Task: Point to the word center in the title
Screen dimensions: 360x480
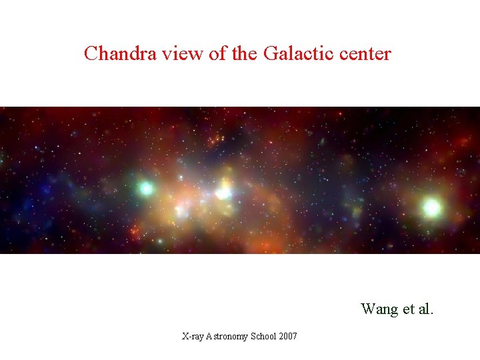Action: coord(363,54)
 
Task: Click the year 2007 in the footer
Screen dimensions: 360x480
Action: coord(288,337)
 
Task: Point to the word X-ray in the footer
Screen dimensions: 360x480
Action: coord(195,337)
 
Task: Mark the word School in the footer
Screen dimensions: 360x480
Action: coord(264,337)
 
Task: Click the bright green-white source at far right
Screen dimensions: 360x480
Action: coord(431,207)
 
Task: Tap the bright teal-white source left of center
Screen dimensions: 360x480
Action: coord(146,189)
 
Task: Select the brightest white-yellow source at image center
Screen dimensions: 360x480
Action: coord(223,193)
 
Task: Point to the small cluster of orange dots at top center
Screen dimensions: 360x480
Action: coord(215,141)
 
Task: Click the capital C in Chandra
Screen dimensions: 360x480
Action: coord(91,53)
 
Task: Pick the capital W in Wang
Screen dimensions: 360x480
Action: coord(368,309)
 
